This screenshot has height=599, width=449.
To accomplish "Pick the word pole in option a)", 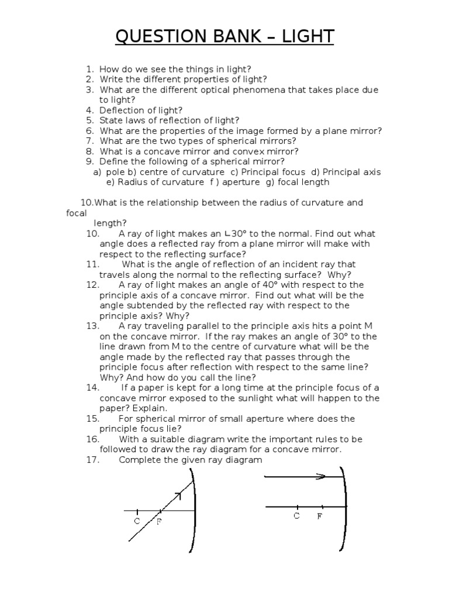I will point(115,172).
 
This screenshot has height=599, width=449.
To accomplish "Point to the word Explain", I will point(150,408).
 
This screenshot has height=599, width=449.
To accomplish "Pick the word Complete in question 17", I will point(138,460).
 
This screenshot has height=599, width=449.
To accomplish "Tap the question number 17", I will point(92,460).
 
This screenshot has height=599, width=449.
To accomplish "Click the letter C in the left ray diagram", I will point(137,521).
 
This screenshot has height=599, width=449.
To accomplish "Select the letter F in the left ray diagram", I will point(158,522).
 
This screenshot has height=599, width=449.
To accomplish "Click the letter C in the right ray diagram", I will point(297,517).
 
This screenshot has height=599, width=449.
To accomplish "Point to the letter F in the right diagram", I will point(320,517).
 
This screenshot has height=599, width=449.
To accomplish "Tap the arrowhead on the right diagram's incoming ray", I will point(320,477).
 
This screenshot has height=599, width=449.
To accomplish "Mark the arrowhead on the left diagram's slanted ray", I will point(178,495).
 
